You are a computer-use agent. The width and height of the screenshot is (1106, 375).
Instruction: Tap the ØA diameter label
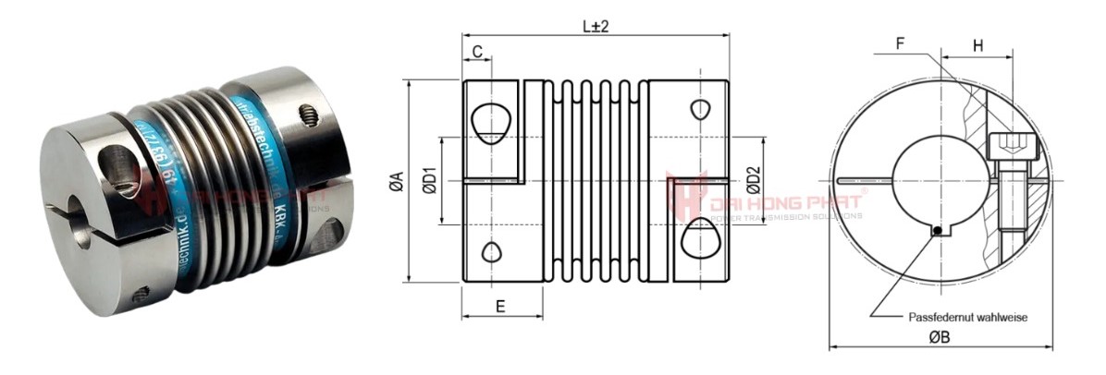[397, 182]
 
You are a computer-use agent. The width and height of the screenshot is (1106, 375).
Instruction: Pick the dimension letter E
[500, 307]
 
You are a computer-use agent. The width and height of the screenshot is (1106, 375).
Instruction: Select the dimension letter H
[977, 42]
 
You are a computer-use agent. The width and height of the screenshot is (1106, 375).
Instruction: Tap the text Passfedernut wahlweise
[968, 316]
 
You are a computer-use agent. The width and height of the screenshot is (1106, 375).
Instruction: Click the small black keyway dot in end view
[938, 231]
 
